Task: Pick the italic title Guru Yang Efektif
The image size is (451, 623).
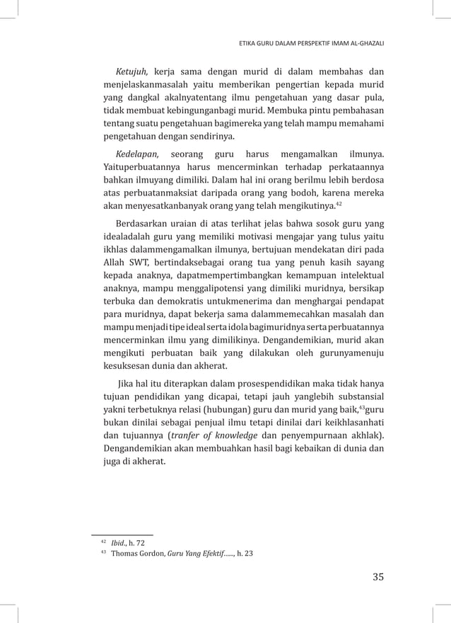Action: point(195,554)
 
